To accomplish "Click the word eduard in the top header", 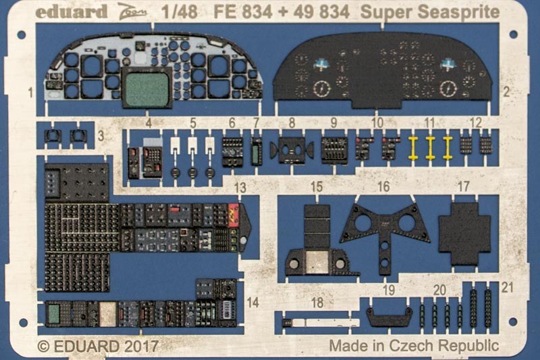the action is coord(72,12).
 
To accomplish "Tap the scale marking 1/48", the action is coord(180,12).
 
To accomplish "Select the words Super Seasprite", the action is coord(430,13).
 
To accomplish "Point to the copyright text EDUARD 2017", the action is coord(106,346).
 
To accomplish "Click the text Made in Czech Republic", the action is coord(414,346).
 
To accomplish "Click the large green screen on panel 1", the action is coord(146,88).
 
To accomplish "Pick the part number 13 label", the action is coord(240,188).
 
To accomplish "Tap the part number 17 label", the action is coord(463,186).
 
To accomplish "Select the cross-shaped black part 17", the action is coord(464,234).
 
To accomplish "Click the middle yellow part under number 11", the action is coord(430,148).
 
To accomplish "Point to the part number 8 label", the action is coord(292,122).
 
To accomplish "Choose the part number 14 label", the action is coord(252,303).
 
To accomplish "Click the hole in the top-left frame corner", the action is coord(22,35).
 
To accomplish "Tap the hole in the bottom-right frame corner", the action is coord(513,322).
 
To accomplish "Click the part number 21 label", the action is coord(508,287).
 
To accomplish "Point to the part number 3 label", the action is coord(101,136).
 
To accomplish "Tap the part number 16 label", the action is coord(383,186).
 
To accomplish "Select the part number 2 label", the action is coord(506,92).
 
